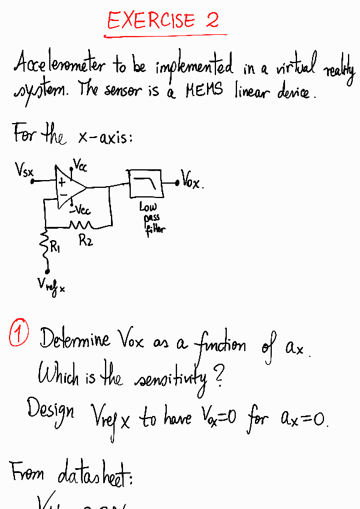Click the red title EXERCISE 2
click(163, 22)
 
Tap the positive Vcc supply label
click(79, 163)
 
